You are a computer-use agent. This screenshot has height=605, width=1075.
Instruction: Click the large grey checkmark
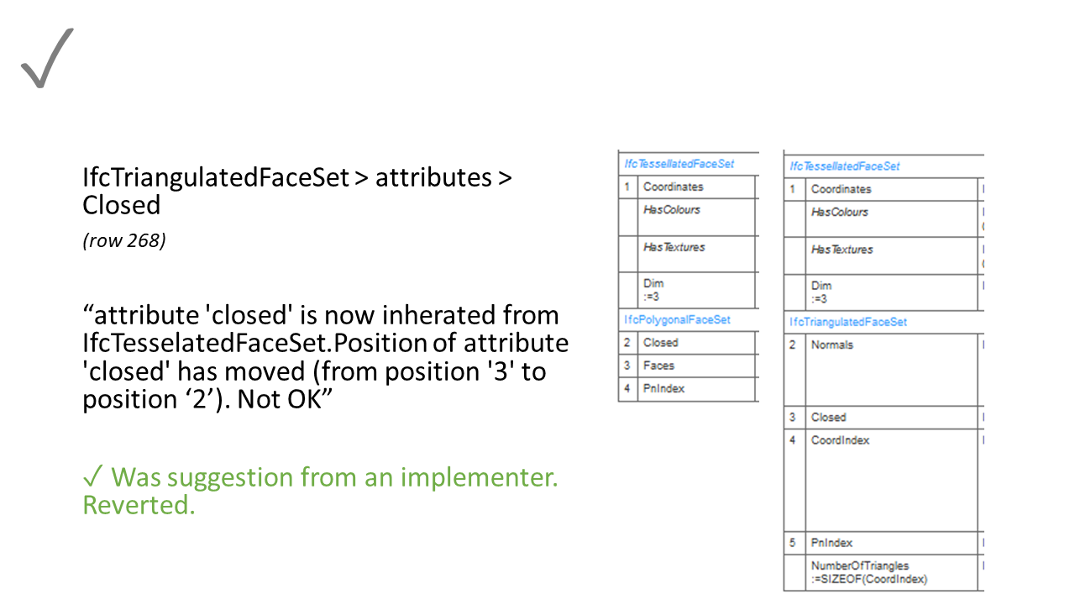pyautogui.click(x=47, y=59)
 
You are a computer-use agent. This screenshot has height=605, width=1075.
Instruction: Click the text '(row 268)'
pyautogui.click(x=124, y=241)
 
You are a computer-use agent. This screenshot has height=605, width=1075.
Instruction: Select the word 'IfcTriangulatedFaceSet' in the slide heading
pyautogui.click(x=216, y=177)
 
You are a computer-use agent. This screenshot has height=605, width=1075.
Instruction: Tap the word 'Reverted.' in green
pyautogui.click(x=139, y=505)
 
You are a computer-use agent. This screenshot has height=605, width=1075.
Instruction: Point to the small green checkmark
pyautogui.click(x=93, y=477)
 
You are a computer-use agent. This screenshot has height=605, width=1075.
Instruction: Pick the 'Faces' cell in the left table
pyautogui.click(x=658, y=366)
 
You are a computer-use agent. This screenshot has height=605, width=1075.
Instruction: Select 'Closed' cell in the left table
pyautogui.click(x=660, y=343)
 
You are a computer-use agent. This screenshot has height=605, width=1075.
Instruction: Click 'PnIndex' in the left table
pyautogui.click(x=663, y=388)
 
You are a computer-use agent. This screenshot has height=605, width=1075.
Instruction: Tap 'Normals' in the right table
pyautogui.click(x=831, y=345)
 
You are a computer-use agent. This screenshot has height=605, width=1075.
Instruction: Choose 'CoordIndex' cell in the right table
pyautogui.click(x=840, y=440)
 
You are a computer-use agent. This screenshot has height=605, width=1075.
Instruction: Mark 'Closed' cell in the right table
pyautogui.click(x=828, y=417)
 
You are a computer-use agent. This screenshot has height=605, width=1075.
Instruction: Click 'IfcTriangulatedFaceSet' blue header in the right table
pyautogui.click(x=848, y=322)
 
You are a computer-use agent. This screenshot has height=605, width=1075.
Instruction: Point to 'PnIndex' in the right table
pyautogui.click(x=831, y=543)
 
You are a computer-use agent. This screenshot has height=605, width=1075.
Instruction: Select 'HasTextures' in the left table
pyautogui.click(x=674, y=247)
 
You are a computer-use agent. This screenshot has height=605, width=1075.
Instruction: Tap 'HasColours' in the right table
pyautogui.click(x=839, y=212)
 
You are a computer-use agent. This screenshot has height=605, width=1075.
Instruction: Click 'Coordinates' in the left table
pyautogui.click(x=673, y=187)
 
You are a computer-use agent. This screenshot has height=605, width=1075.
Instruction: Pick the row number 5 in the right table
pyautogui.click(x=792, y=543)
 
